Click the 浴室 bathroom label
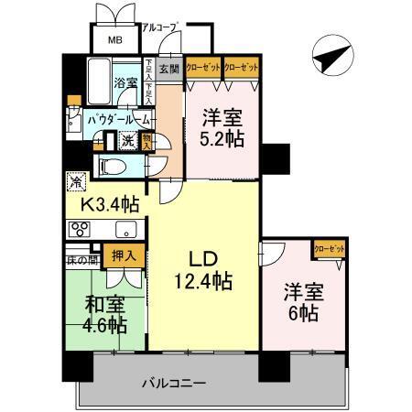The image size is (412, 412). [125, 82]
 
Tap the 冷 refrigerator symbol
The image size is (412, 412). [74, 181]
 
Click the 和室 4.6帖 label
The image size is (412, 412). [103, 315]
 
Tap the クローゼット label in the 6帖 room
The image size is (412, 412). [327, 248]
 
